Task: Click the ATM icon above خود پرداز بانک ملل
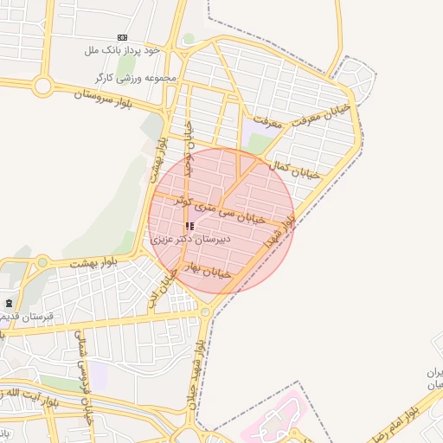121,38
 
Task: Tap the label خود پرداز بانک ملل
123,51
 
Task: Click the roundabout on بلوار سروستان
42,86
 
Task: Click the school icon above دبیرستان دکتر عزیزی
189,226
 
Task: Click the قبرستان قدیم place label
28,317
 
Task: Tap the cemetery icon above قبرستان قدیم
10,304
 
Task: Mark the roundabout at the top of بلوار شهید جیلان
205,311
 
